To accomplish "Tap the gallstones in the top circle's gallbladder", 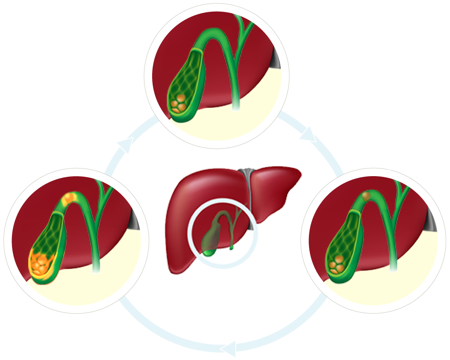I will tap(179, 103).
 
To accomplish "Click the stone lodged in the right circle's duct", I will tap(366, 196).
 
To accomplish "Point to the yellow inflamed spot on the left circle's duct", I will tap(69, 198).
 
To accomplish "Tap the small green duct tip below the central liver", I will tap(231, 247).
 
